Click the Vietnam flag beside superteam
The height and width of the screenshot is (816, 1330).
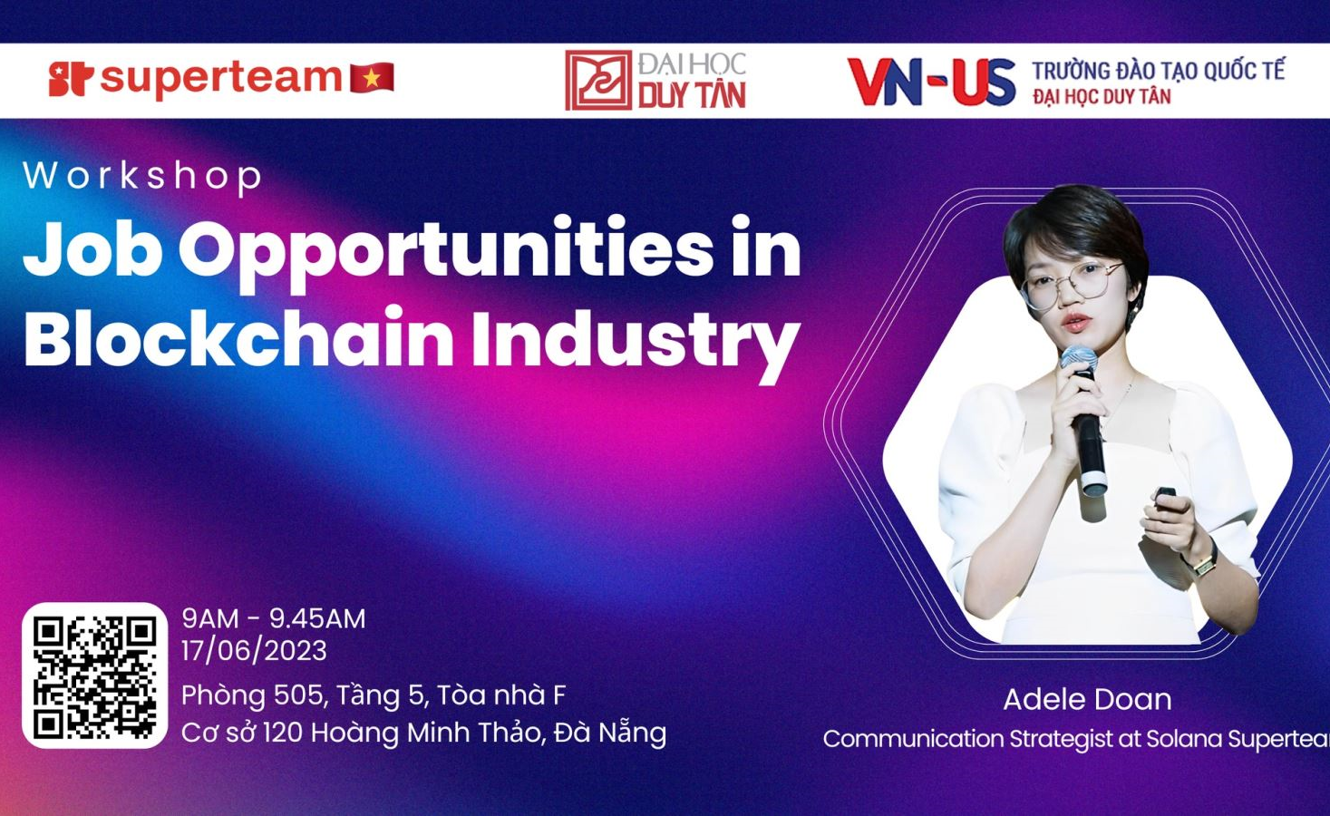coord(373,78)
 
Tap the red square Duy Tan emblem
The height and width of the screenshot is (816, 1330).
coord(597,81)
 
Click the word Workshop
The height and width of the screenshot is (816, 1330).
coord(143,176)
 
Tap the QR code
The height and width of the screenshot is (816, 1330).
coord(94,675)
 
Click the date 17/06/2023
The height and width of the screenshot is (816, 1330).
coord(254,651)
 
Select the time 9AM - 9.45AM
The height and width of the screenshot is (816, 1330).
coord(273,618)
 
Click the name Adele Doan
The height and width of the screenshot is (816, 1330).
coord(1087,699)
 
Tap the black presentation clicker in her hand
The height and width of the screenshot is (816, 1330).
coord(1166,497)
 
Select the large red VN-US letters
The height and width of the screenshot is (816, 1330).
coord(931,82)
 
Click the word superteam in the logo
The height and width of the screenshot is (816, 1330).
coord(220,78)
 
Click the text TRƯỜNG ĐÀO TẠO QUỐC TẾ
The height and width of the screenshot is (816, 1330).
coord(1158,70)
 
